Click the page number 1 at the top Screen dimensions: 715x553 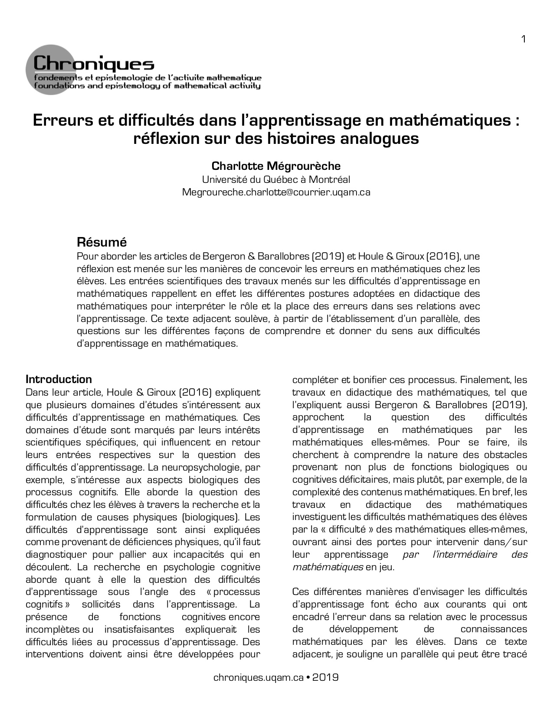tap(524, 39)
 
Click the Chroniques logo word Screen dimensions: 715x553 tap(94, 64)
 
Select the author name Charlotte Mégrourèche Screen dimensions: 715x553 tap(276, 166)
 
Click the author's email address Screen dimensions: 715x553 tap(276, 192)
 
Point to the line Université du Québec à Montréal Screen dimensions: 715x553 tap(276, 179)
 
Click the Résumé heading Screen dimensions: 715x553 tap(101, 241)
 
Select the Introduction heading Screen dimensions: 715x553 tap(59, 379)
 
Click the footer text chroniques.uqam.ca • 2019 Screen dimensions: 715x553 tap(276, 677)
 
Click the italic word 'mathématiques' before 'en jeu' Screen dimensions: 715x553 tap(327, 567)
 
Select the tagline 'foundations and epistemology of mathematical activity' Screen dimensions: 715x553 tap(147, 86)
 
